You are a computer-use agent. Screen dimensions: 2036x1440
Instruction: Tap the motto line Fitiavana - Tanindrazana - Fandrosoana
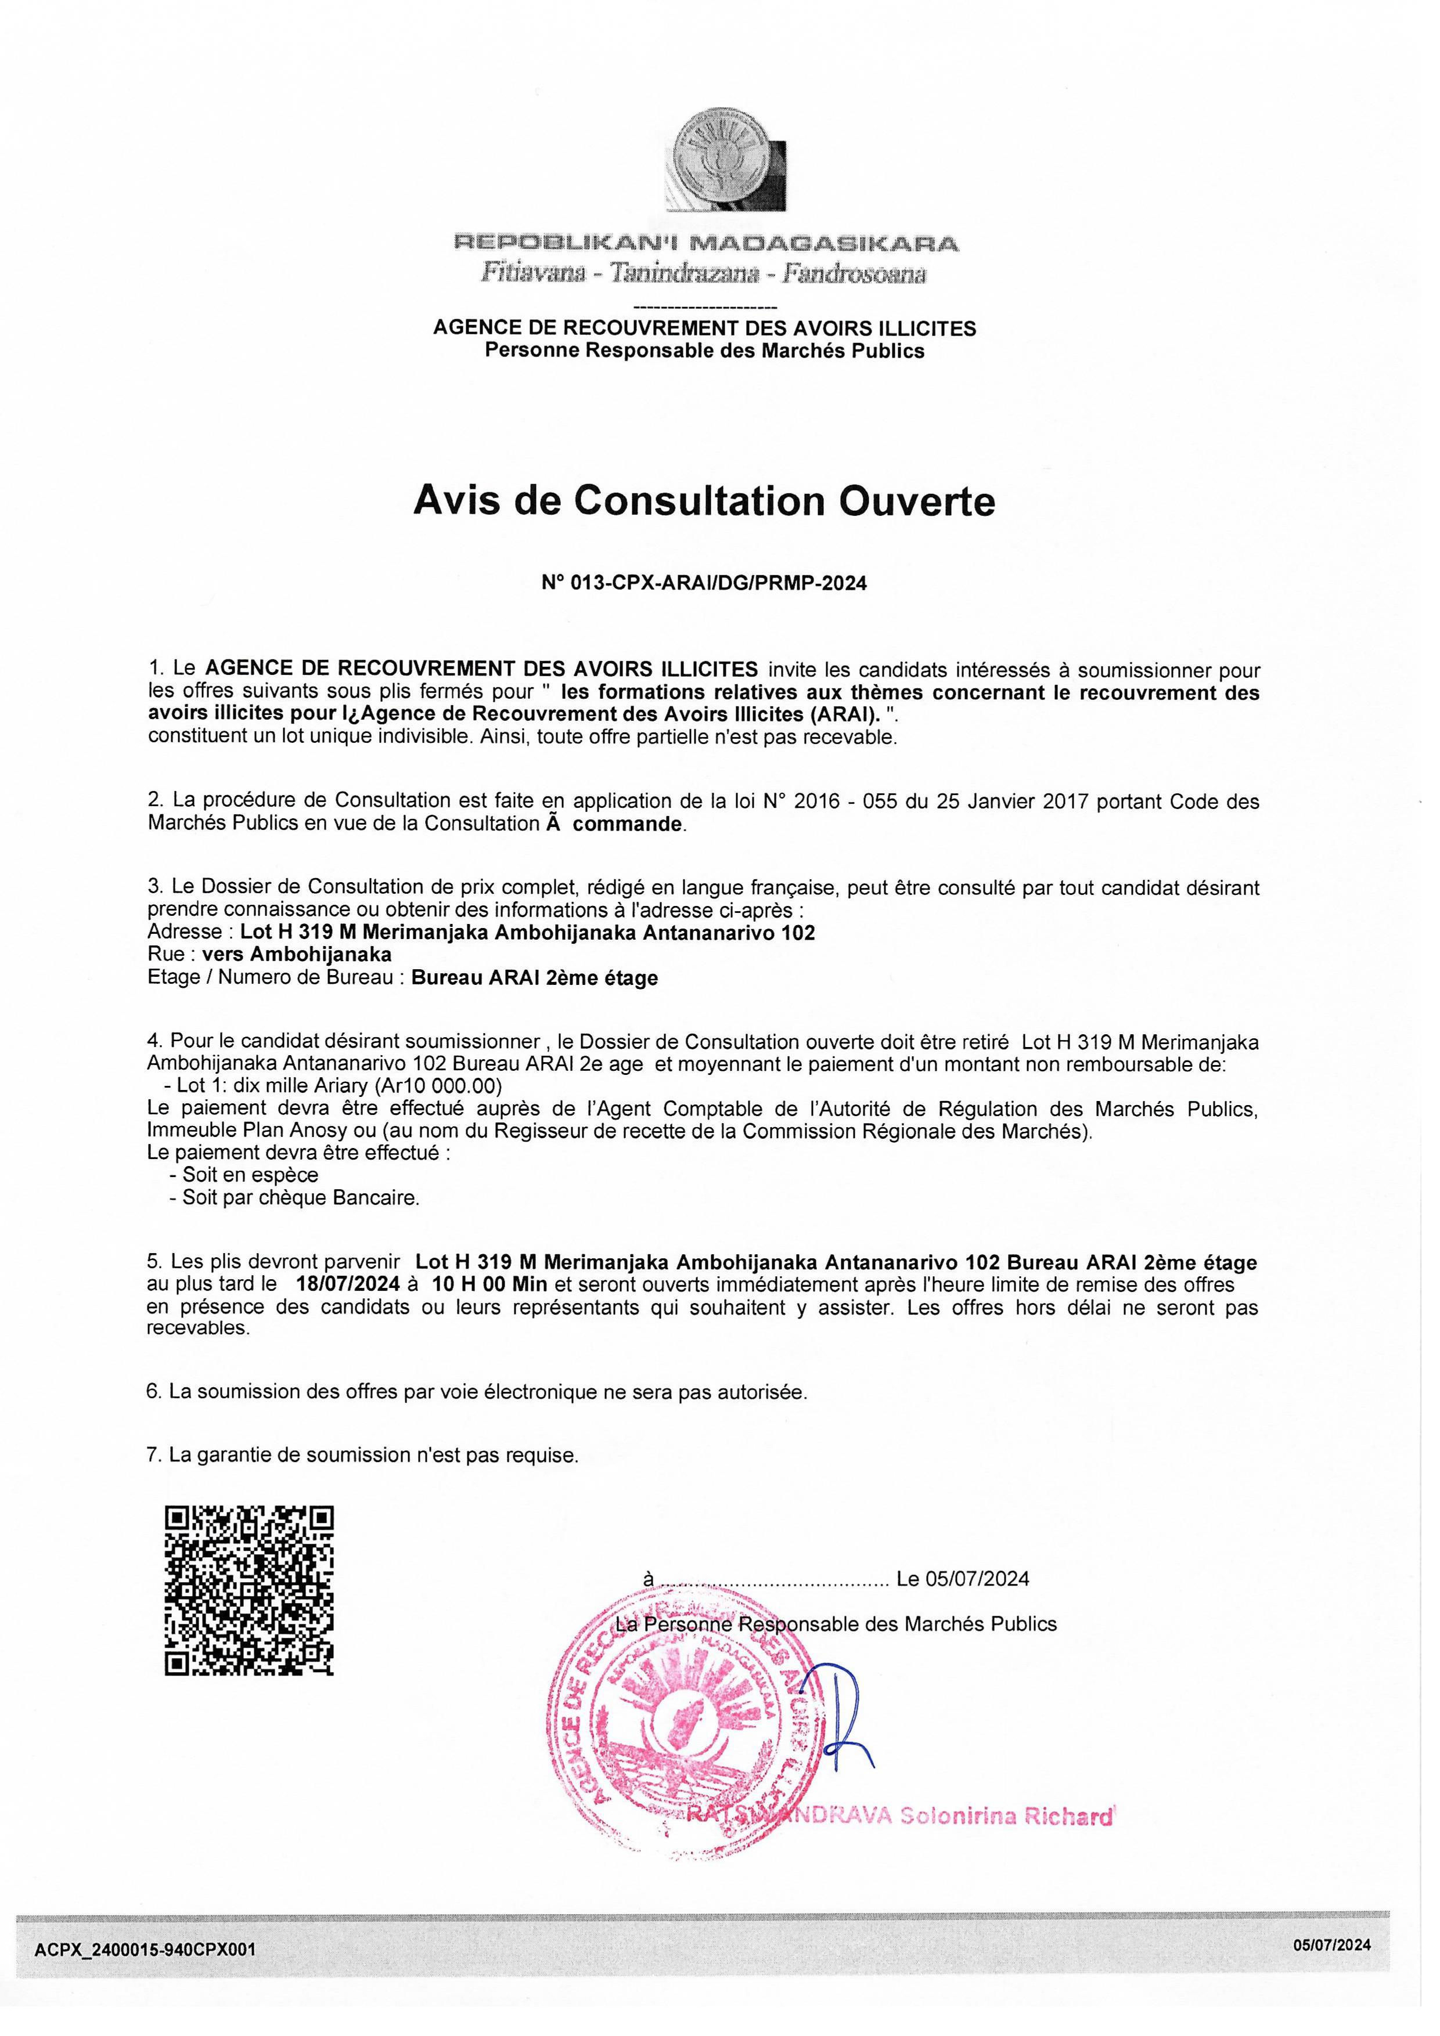tap(704, 273)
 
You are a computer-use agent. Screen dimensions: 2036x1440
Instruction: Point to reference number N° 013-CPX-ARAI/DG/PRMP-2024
tap(704, 583)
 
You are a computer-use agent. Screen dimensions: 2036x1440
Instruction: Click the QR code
tap(250, 1590)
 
